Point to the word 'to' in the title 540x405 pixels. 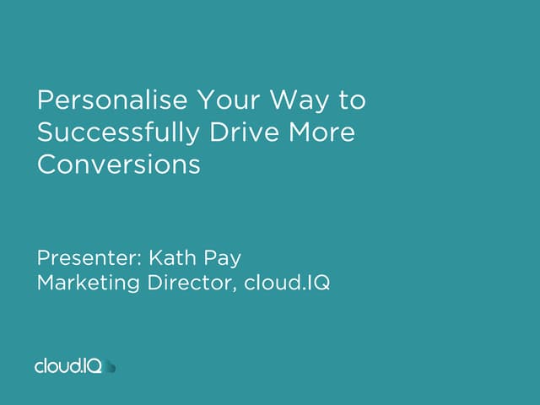coord(353,101)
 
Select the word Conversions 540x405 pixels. coord(119,165)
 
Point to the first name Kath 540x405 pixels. coord(176,256)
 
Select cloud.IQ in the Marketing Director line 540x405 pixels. coord(287,283)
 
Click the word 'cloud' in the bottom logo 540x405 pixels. coord(58,366)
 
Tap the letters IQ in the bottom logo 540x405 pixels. coord(93,365)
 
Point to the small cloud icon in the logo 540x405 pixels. coord(111,366)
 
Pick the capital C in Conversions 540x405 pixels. coord(46,165)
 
